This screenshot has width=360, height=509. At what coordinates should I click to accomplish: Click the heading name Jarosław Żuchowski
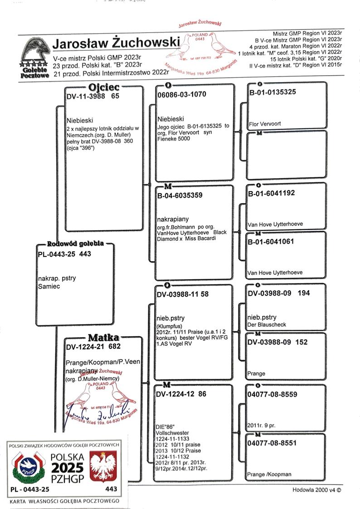tap(116, 44)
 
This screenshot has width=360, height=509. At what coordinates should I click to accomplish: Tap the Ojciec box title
tap(104, 87)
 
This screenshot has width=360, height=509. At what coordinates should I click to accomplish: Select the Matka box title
tap(103, 338)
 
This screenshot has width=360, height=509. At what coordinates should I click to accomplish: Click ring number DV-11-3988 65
tap(92, 97)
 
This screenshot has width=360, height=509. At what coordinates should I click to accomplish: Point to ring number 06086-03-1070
tap(182, 94)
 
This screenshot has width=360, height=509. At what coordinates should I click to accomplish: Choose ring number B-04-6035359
tap(180, 195)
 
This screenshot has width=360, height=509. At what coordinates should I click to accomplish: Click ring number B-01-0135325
tap(272, 92)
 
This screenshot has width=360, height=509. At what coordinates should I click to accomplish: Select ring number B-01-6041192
tap(272, 193)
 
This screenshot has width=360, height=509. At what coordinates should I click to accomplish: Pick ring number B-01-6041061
tap(271, 242)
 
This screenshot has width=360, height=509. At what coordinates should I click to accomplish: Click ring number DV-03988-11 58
tap(183, 294)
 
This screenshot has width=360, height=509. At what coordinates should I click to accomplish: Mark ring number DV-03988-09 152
tap(277, 342)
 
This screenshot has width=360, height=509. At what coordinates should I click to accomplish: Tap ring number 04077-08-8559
tap(272, 394)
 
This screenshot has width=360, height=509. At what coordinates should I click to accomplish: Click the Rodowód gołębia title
tap(75, 243)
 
